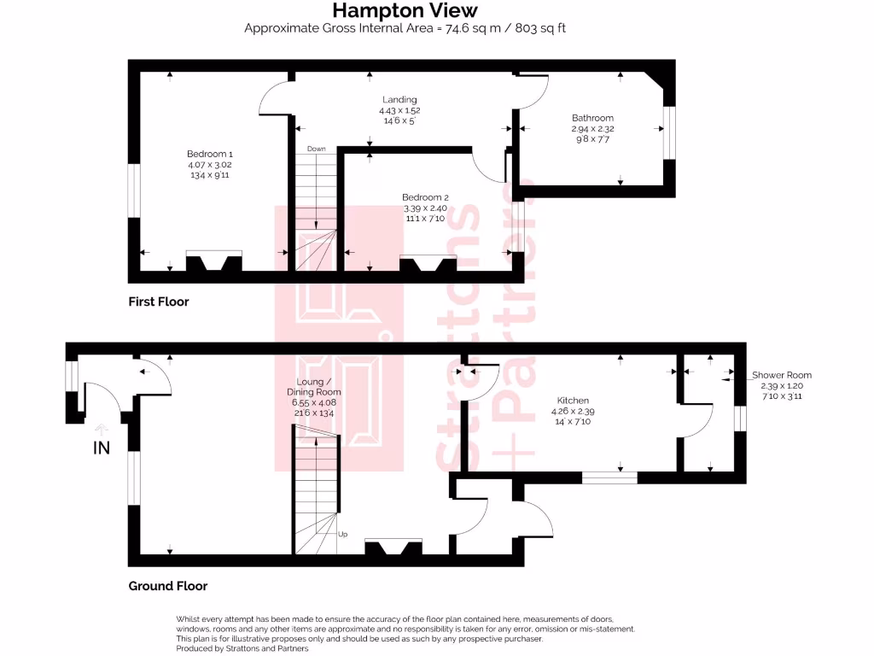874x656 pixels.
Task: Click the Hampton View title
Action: point(405,10)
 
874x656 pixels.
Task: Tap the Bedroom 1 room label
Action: point(209,154)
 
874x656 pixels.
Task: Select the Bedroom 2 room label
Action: point(425,197)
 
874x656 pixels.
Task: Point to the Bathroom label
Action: point(592,118)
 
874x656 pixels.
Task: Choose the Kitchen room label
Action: point(574,400)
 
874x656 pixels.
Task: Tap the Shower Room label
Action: point(781,375)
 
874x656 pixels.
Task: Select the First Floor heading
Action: point(159,302)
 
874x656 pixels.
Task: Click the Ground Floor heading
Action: point(168,586)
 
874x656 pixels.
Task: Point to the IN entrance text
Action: point(102,448)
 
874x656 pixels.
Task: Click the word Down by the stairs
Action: point(316,149)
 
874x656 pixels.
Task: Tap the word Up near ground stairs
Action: point(343,534)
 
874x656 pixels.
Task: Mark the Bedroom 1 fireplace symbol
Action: point(213,261)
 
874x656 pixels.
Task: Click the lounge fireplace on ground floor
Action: point(393,547)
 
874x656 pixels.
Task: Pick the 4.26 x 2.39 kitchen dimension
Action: point(574,411)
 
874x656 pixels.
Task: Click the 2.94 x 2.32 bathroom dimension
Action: point(592,129)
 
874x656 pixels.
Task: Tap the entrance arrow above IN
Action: point(102,430)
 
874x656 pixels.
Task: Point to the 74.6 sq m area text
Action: point(405,28)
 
